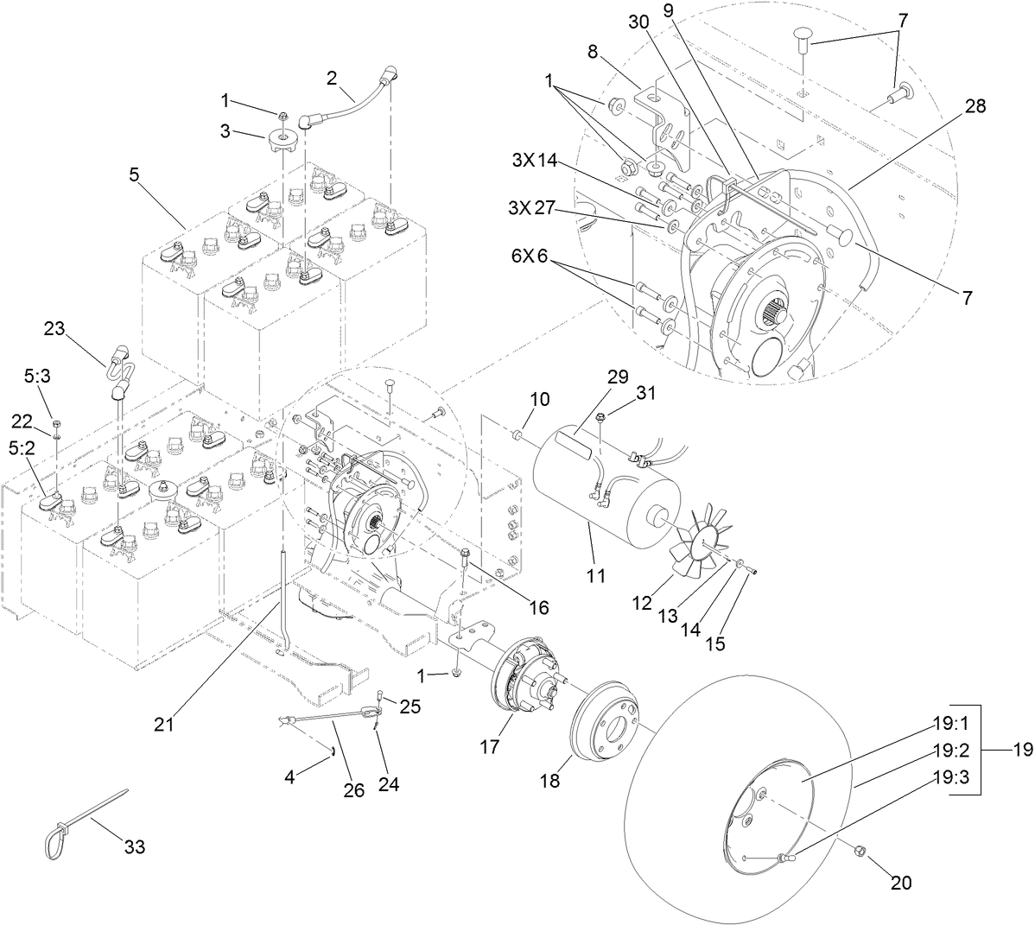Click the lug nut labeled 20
[x=860, y=852]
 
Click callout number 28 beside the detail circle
[x=975, y=107]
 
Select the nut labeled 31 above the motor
[x=605, y=418]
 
